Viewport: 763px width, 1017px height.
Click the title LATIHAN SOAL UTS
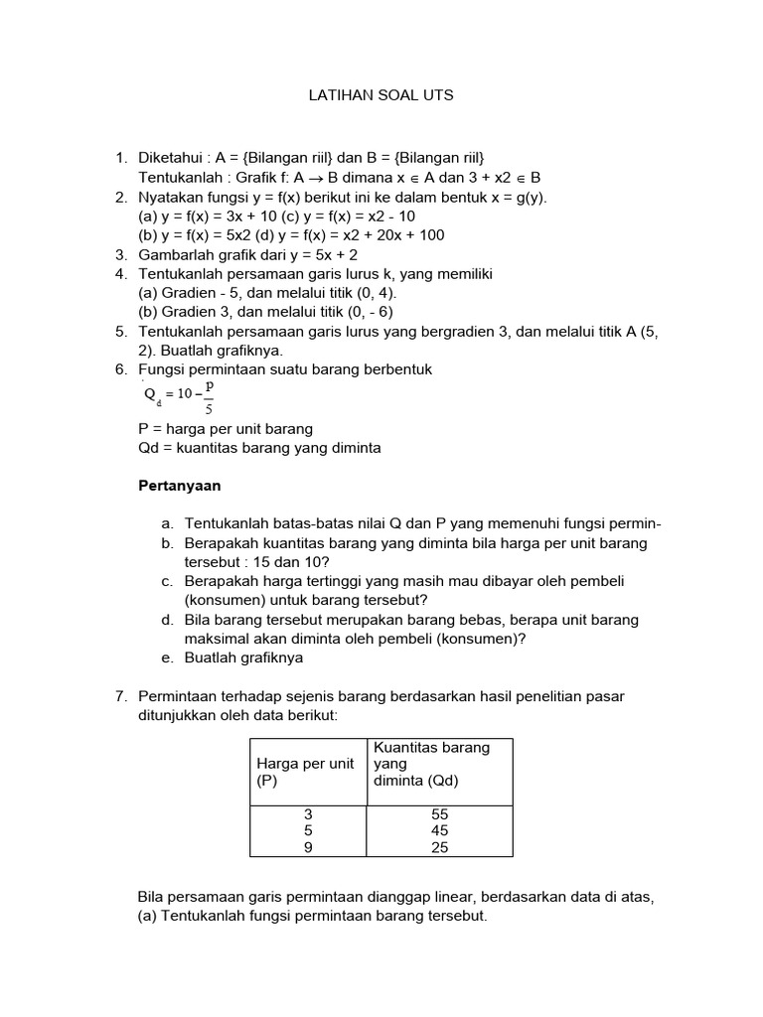381,96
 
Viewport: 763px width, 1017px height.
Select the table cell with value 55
440,813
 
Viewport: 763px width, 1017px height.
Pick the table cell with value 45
440,830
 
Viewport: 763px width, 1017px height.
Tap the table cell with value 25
440,847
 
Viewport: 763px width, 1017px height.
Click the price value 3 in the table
308,813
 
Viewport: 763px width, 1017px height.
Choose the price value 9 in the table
308,847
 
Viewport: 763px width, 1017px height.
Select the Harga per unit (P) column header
306,772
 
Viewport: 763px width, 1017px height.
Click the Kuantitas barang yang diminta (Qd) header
430,764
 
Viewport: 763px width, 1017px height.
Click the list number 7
121,696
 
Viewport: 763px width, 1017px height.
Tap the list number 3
121,254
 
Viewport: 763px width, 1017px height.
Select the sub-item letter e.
166,657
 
